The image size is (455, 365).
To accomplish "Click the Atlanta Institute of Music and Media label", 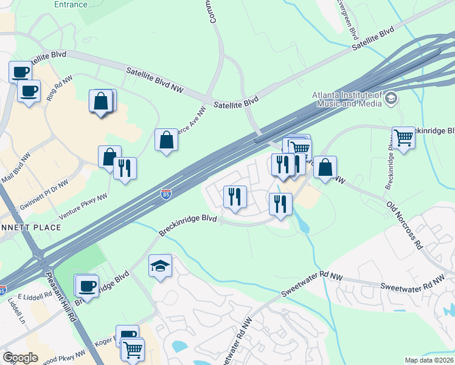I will (347, 99).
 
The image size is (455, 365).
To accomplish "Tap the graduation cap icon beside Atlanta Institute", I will (391, 97).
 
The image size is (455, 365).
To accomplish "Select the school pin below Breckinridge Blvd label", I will (160, 266).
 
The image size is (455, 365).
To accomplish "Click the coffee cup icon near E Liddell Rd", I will (86, 285).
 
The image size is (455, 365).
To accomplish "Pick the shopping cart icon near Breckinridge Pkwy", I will (403, 137).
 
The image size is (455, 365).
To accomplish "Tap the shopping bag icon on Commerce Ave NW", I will (166, 140).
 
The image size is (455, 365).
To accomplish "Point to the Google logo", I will (20, 357).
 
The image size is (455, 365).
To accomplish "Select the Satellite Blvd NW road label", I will (155, 80).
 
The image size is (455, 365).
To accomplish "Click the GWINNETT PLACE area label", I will (30, 227).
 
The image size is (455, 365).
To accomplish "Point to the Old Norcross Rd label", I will (405, 225).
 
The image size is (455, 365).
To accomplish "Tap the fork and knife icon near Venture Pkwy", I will (125, 169).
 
